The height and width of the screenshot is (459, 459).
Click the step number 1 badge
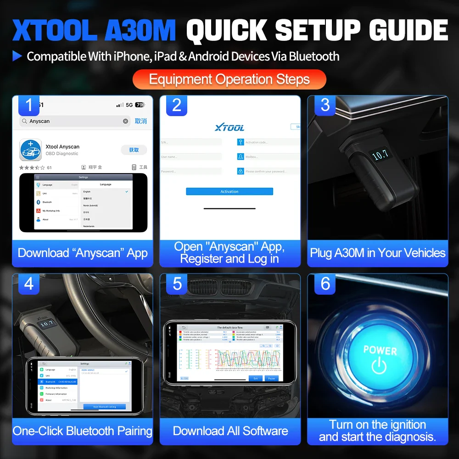tap(29, 105)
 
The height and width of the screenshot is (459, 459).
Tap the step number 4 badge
tap(29, 283)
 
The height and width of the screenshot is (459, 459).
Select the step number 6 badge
tap(325, 283)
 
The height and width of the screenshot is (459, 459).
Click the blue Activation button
tap(229, 191)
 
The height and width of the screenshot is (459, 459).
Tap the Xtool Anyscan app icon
tap(31, 150)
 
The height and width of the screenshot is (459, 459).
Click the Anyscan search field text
tap(39, 121)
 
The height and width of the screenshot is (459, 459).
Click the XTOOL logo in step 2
tap(229, 127)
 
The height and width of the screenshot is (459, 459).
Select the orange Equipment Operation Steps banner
tap(229, 79)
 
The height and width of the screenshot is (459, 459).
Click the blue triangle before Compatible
tap(17, 56)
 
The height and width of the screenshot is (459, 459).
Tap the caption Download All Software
tap(230, 431)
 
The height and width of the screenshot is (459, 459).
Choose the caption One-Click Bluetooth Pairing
tap(83, 431)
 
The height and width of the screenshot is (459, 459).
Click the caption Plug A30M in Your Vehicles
tap(378, 253)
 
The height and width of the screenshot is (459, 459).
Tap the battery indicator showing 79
tap(139, 105)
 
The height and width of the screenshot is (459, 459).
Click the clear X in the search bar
tap(125, 121)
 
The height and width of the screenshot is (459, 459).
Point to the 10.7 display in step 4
tap(47, 323)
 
